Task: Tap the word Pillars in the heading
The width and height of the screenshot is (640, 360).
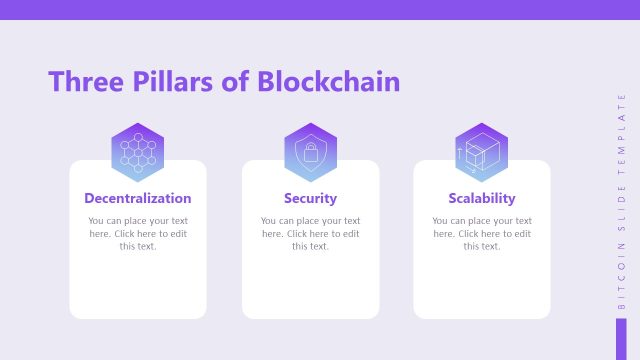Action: tap(174, 82)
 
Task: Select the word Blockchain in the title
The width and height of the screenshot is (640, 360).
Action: tap(329, 82)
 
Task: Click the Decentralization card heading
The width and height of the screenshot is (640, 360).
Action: tap(138, 198)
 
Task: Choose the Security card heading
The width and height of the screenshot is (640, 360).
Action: tap(310, 198)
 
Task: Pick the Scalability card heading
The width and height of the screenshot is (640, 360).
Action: tap(482, 198)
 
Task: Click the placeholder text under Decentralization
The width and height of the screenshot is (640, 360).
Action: tap(138, 233)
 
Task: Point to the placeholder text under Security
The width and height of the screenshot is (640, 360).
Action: tap(310, 233)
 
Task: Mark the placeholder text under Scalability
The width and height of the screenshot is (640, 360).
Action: tap(482, 233)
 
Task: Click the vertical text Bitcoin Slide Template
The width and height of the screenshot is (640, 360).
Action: tap(621, 200)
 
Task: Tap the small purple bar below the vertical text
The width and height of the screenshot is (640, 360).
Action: tap(621, 336)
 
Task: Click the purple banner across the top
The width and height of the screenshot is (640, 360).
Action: tap(320, 10)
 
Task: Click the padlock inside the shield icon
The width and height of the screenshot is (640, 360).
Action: tap(310, 153)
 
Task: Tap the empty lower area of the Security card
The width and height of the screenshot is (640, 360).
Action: tap(310, 285)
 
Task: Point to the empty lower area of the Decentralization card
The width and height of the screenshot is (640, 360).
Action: tap(138, 285)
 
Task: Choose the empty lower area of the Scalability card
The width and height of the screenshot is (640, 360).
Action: tap(482, 285)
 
